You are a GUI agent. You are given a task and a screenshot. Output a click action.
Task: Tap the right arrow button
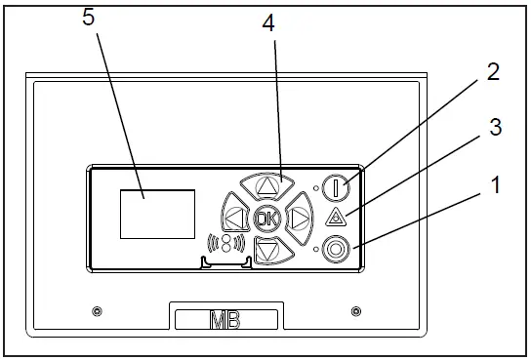coord(299,216)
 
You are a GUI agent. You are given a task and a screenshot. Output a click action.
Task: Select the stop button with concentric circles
coord(337,249)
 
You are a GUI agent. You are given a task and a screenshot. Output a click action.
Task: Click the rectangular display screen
coord(157,214)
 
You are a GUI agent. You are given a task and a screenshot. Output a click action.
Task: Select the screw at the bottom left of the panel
coord(95,311)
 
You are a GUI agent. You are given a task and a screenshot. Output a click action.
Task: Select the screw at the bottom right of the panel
coord(354,311)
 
